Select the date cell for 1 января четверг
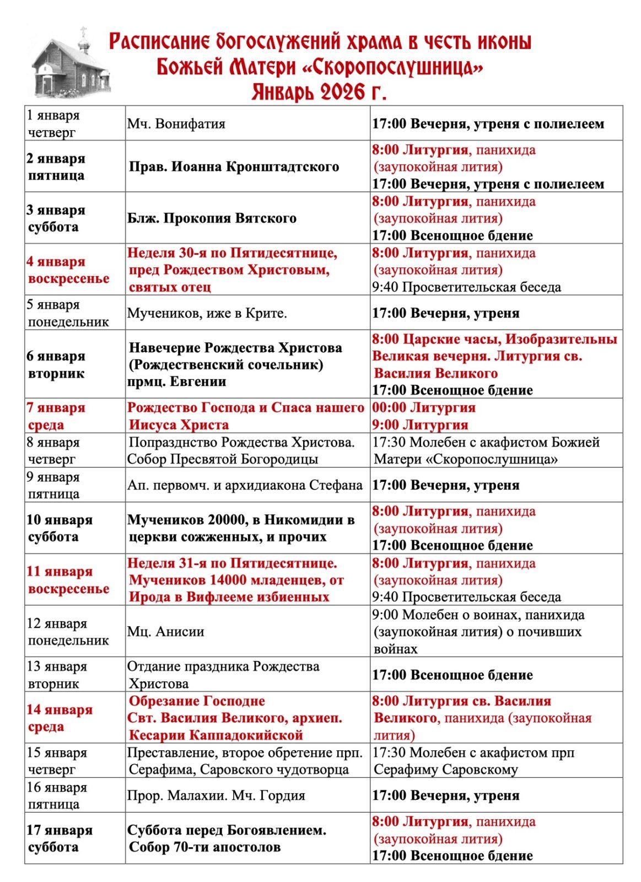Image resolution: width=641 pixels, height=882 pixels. [x=53, y=123]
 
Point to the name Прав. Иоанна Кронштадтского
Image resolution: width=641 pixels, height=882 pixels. [x=234, y=166]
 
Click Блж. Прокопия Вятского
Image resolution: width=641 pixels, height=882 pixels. [x=212, y=218]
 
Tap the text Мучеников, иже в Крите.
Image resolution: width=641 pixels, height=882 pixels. [x=207, y=313]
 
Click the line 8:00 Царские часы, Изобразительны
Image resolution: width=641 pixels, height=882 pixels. [x=494, y=339]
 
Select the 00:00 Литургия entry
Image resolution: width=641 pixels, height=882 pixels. [x=423, y=407]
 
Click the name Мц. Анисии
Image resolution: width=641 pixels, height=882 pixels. [x=165, y=631]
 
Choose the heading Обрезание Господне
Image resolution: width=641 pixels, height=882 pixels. [x=197, y=701]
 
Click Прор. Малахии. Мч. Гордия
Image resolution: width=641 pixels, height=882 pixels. [x=216, y=795]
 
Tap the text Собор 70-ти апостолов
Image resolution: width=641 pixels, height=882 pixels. [x=204, y=847]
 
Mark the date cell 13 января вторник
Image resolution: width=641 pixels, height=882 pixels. [x=57, y=675]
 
